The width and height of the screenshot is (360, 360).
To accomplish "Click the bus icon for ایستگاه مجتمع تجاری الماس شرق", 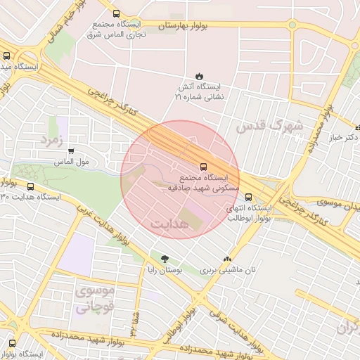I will tap(116, 13).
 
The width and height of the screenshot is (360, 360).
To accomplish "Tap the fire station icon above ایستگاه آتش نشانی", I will tap(199, 76).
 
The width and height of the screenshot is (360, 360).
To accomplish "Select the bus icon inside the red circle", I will tap(204, 167).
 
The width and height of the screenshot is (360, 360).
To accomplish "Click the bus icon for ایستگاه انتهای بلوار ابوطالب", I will tap(249, 197).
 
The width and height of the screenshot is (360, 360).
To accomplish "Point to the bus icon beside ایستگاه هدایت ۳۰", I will tap(30, 186).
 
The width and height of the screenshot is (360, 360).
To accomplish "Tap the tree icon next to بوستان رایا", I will tap(165, 259).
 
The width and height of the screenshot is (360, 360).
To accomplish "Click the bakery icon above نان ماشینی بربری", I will tap(226, 259).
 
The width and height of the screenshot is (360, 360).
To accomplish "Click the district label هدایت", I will tap(169, 222).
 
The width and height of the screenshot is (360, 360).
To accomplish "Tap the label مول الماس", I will tap(72, 162).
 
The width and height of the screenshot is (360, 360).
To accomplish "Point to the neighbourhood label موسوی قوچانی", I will tap(94, 298).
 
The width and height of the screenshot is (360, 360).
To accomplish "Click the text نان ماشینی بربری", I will tap(226, 270).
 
